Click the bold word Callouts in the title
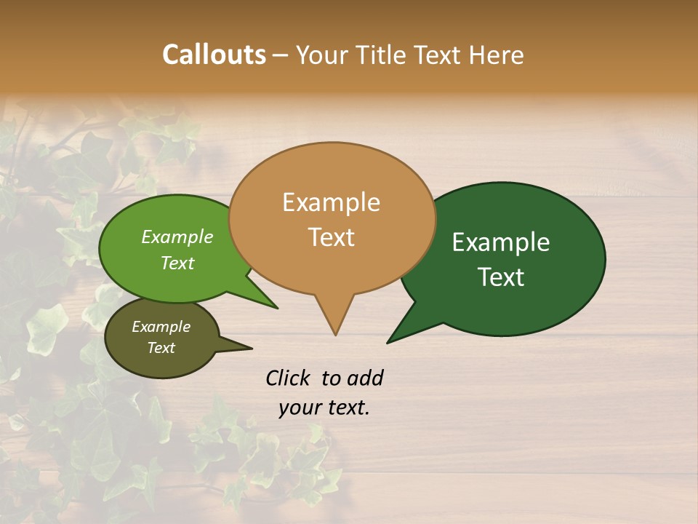point(214,55)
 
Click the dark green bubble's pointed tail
point(396,336)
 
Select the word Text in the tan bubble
point(331,237)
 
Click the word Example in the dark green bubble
point(501,242)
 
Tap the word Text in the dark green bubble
point(501,277)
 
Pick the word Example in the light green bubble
point(177,237)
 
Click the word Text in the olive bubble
point(161,348)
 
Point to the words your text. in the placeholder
point(324,408)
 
